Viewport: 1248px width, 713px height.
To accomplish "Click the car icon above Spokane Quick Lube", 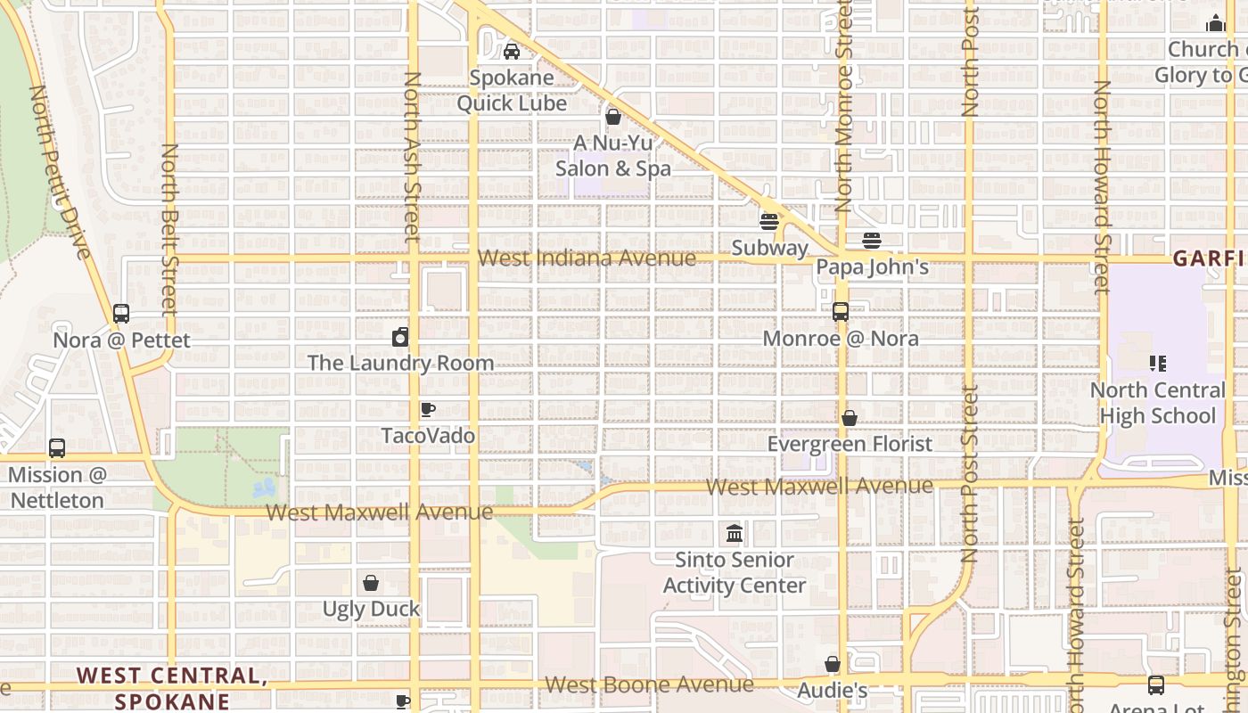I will click(x=512, y=52).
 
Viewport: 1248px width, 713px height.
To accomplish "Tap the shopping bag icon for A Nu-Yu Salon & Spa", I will click(x=613, y=117).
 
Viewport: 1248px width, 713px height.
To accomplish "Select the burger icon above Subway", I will click(x=769, y=222).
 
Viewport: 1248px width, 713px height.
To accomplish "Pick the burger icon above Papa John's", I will click(x=872, y=241).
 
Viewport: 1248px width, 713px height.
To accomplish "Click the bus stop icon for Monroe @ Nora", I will click(x=840, y=312).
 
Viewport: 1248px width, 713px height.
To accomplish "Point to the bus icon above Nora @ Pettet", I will click(x=121, y=314).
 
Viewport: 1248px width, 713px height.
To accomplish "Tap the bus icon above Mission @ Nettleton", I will click(x=57, y=448).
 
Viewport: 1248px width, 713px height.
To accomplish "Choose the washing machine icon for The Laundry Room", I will click(x=400, y=337).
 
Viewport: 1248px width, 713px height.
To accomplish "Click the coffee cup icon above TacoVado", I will click(x=428, y=410).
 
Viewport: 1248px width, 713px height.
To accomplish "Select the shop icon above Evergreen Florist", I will click(x=850, y=418).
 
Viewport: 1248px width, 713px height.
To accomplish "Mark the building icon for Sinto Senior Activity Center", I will click(x=735, y=534).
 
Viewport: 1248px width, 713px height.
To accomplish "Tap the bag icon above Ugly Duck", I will click(x=371, y=583).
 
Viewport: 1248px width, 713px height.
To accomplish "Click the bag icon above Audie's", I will click(x=833, y=664).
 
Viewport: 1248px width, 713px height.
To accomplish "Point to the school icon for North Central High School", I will click(x=1158, y=364).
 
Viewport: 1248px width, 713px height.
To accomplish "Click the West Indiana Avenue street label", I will click(x=587, y=258).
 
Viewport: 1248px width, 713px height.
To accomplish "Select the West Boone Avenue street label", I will click(x=649, y=684).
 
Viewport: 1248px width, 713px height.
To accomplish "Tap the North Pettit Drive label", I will click(x=61, y=171).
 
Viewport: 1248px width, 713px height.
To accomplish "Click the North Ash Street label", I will click(x=412, y=157).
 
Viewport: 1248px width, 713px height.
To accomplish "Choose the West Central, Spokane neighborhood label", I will click(x=172, y=688).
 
